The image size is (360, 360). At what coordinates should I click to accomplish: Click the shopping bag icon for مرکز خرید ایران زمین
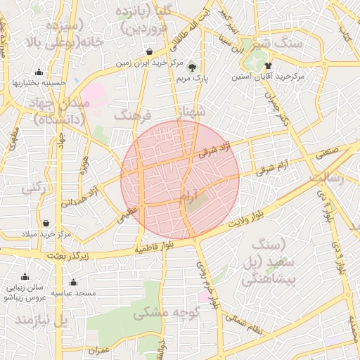pos(150,52)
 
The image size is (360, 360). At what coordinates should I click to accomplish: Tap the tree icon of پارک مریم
pos(193,67)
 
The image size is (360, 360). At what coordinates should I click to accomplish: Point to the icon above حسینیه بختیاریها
pos(39,72)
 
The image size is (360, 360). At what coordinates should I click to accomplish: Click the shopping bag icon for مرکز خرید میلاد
pos(46,223)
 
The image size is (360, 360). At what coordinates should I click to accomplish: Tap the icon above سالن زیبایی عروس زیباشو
pos(25,277)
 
